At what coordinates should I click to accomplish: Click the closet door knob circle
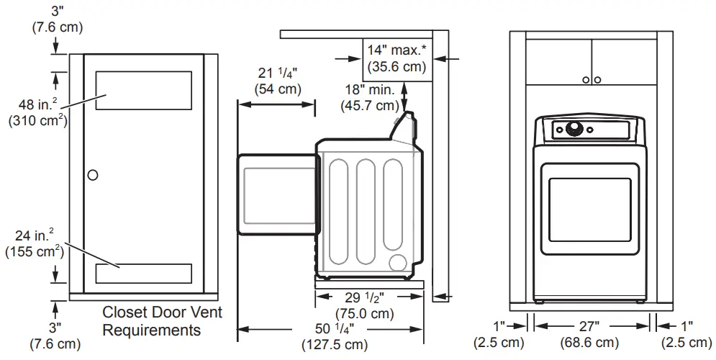pyautogui.click(x=92, y=175)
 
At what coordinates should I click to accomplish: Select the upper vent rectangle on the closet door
pyautogui.click(x=143, y=91)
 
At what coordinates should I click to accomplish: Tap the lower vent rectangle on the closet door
pyautogui.click(x=143, y=273)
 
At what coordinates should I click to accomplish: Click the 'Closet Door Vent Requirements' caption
pyautogui.click(x=162, y=321)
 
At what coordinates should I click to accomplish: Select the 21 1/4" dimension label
pyautogui.click(x=277, y=80)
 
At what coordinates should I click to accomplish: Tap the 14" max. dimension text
pyautogui.click(x=396, y=58)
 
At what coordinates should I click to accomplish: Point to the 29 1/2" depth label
pyautogui.click(x=364, y=305)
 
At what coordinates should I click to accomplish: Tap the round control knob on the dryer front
pyautogui.click(x=574, y=130)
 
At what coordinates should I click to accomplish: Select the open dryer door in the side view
pyautogui.click(x=277, y=194)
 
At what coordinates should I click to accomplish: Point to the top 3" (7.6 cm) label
pyautogui.click(x=57, y=19)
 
